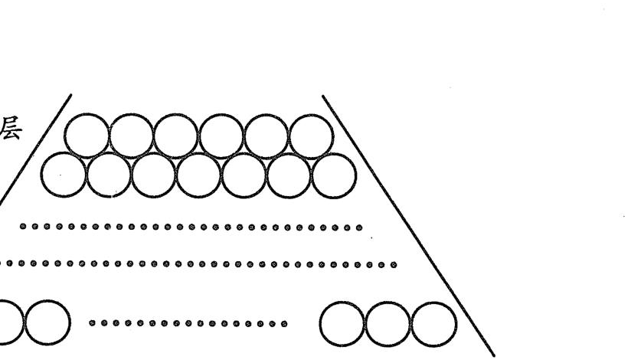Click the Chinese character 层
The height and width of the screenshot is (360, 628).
[10, 128]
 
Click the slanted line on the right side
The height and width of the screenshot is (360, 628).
[408, 225]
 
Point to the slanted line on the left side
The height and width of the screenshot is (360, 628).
[35, 150]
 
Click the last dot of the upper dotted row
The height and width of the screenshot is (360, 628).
[359, 227]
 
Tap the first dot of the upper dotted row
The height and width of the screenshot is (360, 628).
[23, 227]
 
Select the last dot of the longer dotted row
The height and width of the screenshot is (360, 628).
[394, 265]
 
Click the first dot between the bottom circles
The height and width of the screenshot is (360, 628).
[92, 322]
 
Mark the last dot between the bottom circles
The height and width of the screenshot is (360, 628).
[284, 323]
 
